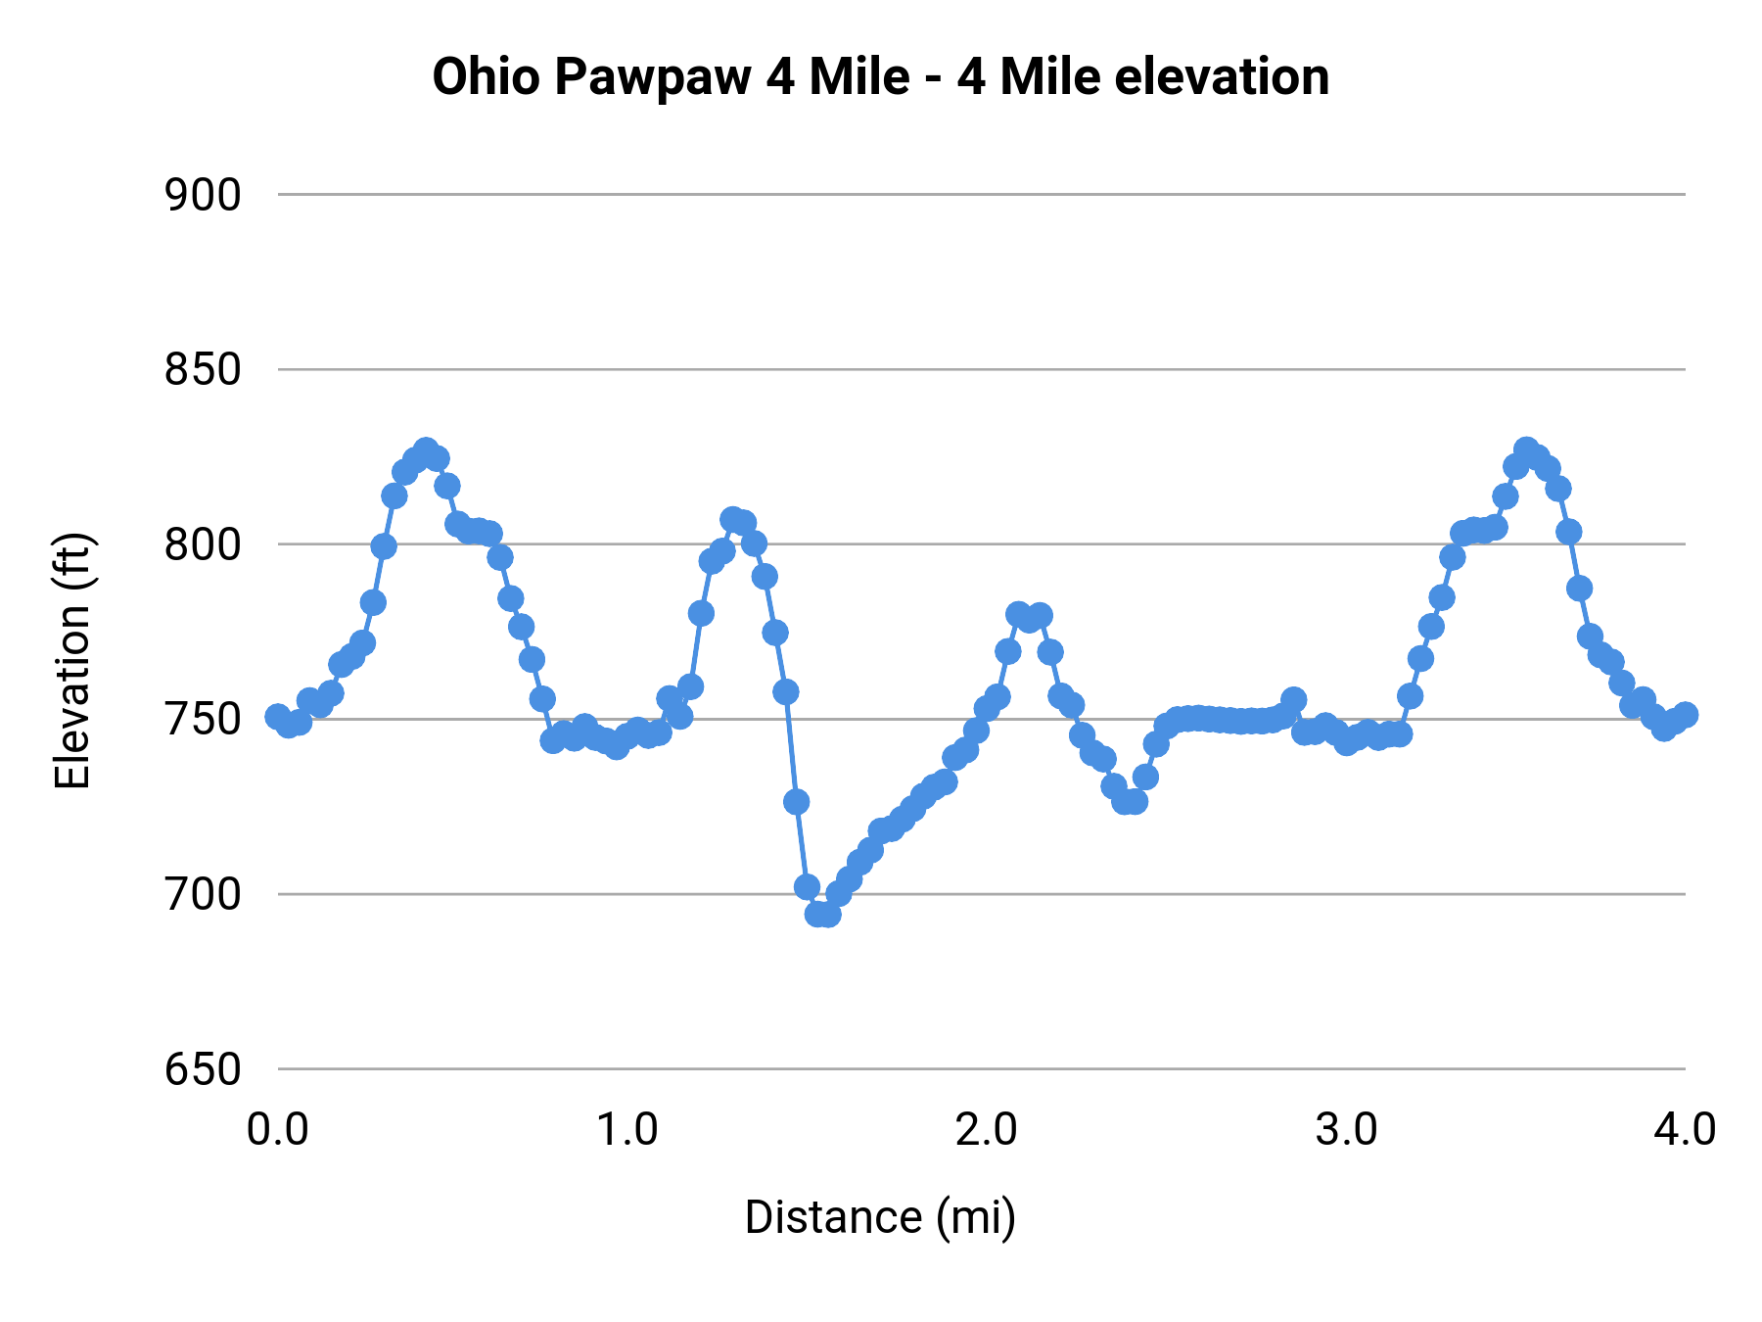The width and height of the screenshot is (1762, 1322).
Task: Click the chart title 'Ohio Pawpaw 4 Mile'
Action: click(671, 77)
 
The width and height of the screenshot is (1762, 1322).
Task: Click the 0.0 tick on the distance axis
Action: click(277, 1129)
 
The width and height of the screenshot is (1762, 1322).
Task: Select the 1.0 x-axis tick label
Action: click(627, 1129)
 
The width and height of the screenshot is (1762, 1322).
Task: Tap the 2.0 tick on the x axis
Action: click(986, 1129)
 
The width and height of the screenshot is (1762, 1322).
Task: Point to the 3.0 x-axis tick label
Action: click(1345, 1129)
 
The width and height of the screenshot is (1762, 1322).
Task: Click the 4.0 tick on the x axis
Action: click(1684, 1129)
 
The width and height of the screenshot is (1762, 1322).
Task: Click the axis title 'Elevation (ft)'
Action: click(72, 661)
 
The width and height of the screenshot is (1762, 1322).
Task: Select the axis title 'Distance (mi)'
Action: click(880, 1217)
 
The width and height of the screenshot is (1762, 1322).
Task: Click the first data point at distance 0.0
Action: click(278, 717)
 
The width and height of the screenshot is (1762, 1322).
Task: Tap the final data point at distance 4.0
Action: click(1685, 715)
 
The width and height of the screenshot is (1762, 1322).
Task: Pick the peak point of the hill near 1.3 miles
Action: click(733, 519)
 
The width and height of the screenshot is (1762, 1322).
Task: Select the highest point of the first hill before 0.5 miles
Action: click(426, 450)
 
